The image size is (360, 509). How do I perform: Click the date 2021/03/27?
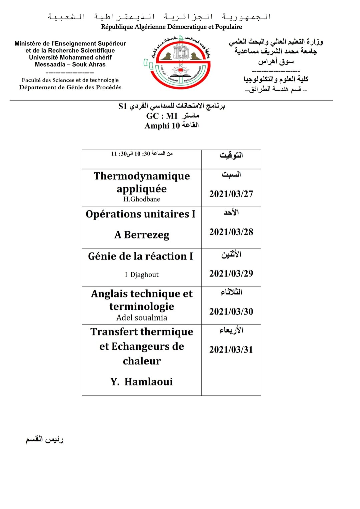tap(231, 194)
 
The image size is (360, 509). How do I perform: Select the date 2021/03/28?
tap(231, 232)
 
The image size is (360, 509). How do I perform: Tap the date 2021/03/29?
tap(231, 273)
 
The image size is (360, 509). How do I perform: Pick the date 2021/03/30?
tap(231, 311)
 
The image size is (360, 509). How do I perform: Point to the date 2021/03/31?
tap(231, 349)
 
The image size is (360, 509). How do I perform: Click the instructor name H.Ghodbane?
tap(142, 199)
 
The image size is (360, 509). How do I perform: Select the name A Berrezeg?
tap(142, 235)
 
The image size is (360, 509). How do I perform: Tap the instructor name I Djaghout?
tap(142, 275)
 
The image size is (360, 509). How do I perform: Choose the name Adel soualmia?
tap(142, 318)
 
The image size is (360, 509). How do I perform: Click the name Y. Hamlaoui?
tap(142, 382)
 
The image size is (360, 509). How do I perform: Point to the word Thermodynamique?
tap(142, 176)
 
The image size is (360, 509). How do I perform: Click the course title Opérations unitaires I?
tap(140, 214)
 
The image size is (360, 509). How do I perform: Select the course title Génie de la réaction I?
tap(140, 256)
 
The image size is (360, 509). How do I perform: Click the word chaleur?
tap(142, 361)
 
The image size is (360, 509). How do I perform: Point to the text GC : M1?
tap(162, 116)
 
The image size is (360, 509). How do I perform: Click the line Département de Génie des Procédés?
tap(70, 87)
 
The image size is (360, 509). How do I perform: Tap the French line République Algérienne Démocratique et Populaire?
tap(171, 27)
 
